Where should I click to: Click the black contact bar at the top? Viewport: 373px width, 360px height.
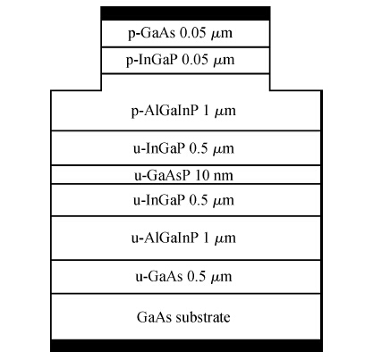(x=185, y=13)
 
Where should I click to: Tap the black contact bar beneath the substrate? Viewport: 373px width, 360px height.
(x=186, y=346)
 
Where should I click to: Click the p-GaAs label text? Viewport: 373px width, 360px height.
(x=152, y=33)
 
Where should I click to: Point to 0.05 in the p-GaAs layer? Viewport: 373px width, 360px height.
(x=193, y=33)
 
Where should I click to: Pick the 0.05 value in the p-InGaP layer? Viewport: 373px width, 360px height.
(x=195, y=60)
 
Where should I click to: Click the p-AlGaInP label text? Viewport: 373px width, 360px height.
(x=165, y=111)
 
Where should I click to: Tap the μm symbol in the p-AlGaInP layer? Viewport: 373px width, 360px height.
(x=225, y=112)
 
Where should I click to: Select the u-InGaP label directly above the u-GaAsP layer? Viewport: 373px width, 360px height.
(x=159, y=148)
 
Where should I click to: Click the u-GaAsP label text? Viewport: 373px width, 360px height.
(x=162, y=175)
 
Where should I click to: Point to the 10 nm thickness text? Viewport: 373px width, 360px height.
(x=214, y=175)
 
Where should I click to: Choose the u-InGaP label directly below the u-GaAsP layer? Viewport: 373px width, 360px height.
(x=159, y=200)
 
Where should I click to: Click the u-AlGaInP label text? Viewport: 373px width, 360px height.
(x=165, y=238)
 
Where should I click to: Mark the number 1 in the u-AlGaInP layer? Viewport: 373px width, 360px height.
(x=206, y=238)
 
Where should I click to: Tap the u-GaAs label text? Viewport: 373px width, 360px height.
(x=159, y=276)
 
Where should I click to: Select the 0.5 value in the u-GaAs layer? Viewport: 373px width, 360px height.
(x=197, y=277)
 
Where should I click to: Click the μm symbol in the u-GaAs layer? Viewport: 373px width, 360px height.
(x=221, y=277)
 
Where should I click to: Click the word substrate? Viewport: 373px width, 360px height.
(x=203, y=317)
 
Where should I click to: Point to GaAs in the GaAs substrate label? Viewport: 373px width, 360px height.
(x=155, y=317)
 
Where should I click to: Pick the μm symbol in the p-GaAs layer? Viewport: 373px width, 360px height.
(x=222, y=34)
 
